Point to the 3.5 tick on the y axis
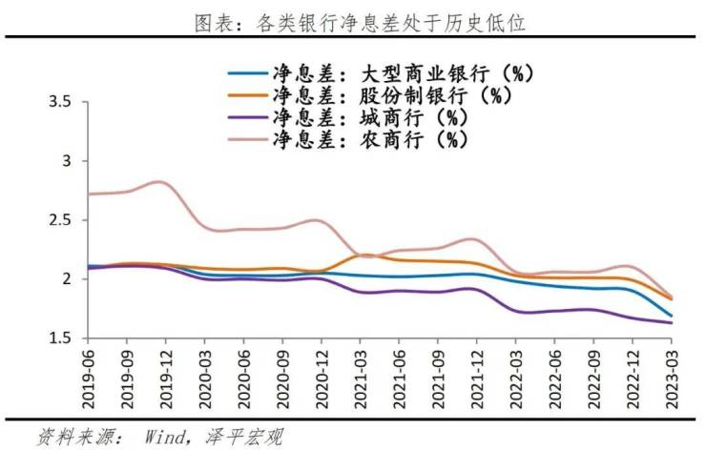coord(59,102)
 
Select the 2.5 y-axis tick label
coord(59,220)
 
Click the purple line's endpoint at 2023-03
coord(672,323)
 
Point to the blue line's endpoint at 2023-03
coord(672,316)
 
